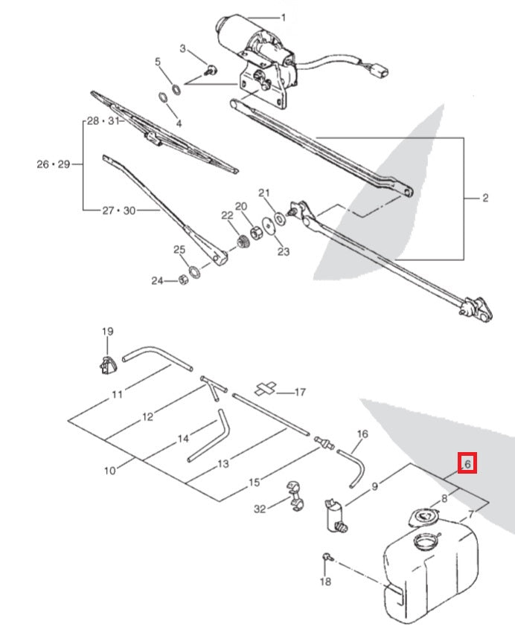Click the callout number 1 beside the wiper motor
pos(282,18)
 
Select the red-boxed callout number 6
pos(467,464)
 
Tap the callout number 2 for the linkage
pos(485,198)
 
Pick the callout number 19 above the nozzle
pos(107,331)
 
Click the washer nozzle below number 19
pos(106,364)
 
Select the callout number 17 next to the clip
pos(301,391)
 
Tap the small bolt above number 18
pos(327,557)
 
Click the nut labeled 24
pos(181,280)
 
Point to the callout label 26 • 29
pos(53,164)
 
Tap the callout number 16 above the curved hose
pos(362,433)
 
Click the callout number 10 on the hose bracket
pos(110,471)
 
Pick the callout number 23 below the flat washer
pos(283,251)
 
